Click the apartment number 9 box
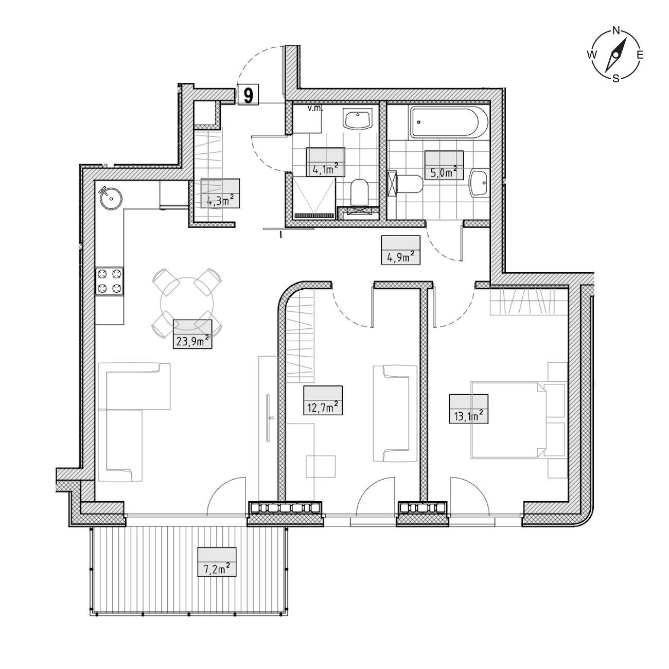(x=248, y=94)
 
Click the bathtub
(x=449, y=122)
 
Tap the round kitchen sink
(x=111, y=198)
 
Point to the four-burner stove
(x=110, y=281)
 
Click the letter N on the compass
(x=616, y=30)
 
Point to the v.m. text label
(x=315, y=108)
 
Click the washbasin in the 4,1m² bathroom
(x=358, y=120)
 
